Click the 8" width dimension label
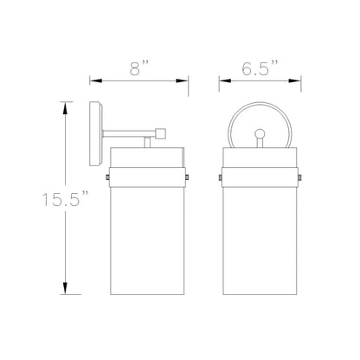pos(139,68)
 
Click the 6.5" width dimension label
pos(260,68)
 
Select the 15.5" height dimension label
pos(65,198)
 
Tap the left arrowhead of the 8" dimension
pos(96,81)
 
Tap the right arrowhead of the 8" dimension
pos(182,81)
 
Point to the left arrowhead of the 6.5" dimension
pos(225,81)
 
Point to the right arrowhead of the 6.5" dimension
pos(295,81)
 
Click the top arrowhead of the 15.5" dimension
pos(66,108)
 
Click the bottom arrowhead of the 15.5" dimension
pos(66,288)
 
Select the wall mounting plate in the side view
pos(96,134)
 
